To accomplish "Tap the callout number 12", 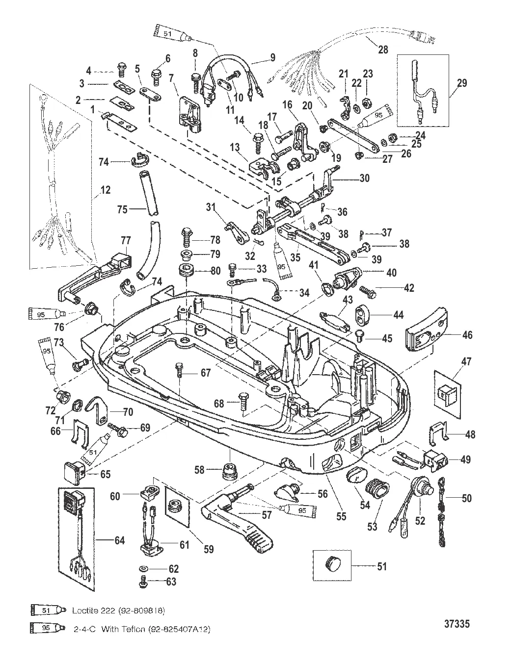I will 106,190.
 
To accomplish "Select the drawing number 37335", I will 457,624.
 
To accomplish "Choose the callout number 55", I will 341,516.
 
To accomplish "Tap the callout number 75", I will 122,209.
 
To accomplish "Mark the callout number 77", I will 126,240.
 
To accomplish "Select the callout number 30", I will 364,179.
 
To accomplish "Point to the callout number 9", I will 272,56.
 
